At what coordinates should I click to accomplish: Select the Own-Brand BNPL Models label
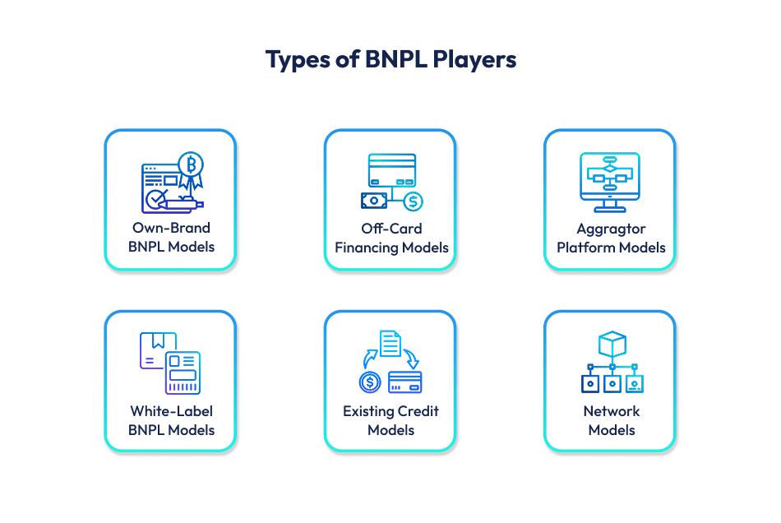pos(171,237)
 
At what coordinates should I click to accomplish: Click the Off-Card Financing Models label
pos(391,237)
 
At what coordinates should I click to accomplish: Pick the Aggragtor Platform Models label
pos(611,237)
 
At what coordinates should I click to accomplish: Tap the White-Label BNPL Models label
pos(171,419)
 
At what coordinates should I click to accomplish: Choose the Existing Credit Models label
pos(391,419)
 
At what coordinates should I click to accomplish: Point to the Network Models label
pos(611,419)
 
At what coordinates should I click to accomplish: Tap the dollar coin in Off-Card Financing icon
pos(413,201)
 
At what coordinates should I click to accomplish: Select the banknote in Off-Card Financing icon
pos(374,200)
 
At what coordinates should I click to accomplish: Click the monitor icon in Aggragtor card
pos(610,177)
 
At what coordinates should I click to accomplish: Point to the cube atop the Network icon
pos(612,344)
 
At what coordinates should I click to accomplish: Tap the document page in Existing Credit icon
pos(390,344)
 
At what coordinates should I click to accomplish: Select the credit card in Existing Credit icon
pos(404,382)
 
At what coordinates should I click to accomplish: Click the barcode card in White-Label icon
pos(182,373)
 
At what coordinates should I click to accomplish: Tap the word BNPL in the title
pos(392,60)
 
